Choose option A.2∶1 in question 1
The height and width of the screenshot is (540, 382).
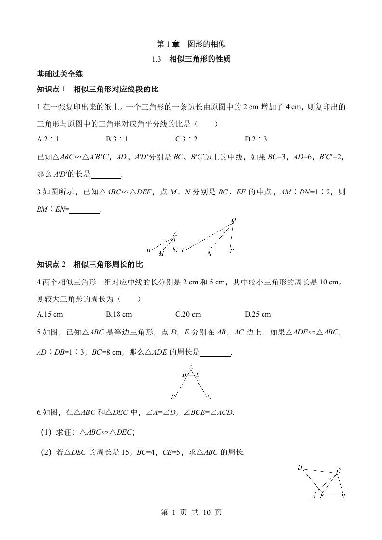(48, 140)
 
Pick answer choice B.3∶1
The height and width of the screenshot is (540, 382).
(117, 140)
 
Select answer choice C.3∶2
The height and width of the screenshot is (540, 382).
(186, 140)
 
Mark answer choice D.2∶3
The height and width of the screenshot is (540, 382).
(256, 140)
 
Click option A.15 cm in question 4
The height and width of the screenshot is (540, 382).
(50, 314)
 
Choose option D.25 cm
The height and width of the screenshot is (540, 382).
(258, 314)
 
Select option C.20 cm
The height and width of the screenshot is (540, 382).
(188, 314)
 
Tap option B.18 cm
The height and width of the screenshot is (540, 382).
(119, 314)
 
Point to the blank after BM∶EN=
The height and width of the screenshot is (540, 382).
(85, 209)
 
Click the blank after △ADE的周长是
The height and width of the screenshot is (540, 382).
(215, 353)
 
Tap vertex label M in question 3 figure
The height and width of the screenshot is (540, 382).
(161, 254)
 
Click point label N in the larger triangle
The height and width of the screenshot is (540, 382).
(209, 254)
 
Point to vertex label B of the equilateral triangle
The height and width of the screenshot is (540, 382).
(172, 398)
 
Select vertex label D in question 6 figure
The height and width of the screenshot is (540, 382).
(300, 468)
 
